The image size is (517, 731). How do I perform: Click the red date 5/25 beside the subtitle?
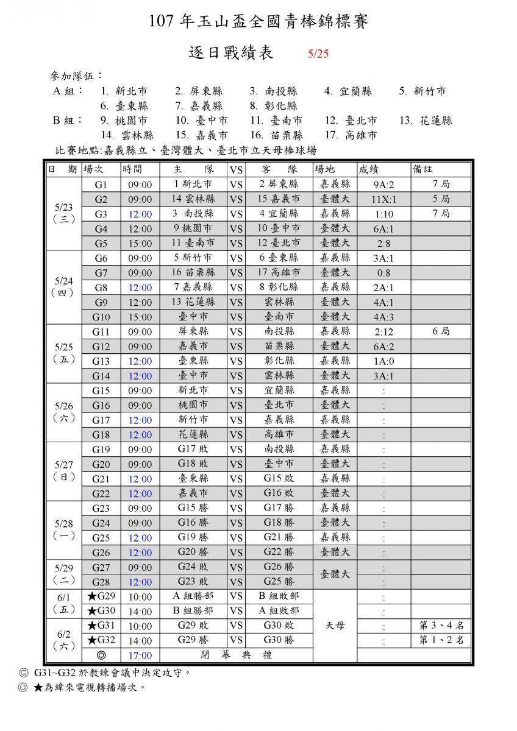pos(318,54)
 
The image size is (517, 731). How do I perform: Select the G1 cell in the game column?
pos(101,184)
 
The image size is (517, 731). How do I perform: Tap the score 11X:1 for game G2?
pos(383,199)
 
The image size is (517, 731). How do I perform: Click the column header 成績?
pos(373,169)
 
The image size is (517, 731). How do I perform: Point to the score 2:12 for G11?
pos(383,332)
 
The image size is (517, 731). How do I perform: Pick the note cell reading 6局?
pos(441,331)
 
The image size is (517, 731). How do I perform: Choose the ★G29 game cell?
pos(101,596)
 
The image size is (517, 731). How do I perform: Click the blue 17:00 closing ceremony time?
pos(140,655)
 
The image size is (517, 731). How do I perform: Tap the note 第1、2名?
pos(441,640)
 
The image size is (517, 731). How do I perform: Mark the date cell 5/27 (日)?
pos(63,471)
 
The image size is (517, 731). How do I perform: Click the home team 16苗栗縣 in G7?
pos(193,272)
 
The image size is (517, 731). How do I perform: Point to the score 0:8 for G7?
pos(383,273)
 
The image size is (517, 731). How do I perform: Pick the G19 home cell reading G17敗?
pos(193,449)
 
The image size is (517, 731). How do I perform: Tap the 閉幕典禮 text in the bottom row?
pos(237,655)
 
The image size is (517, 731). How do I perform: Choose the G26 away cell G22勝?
pos(279,552)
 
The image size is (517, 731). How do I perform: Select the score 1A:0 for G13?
pos(383,361)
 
